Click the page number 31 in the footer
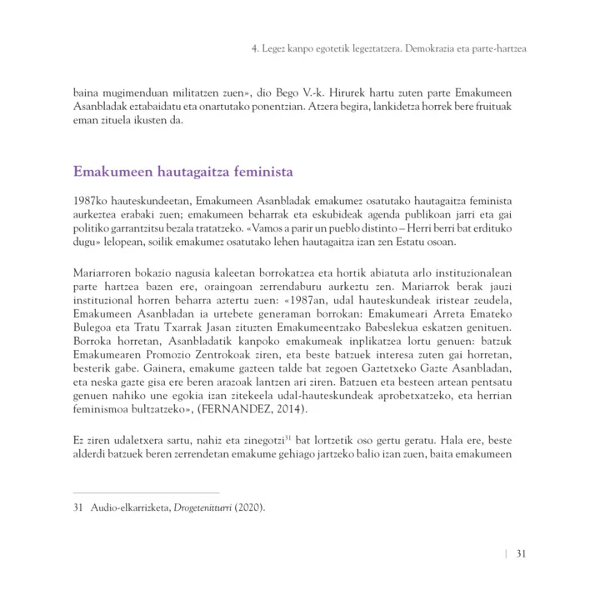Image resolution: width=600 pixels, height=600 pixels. click(520, 554)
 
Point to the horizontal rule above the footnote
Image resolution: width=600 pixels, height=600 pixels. click(146, 493)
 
